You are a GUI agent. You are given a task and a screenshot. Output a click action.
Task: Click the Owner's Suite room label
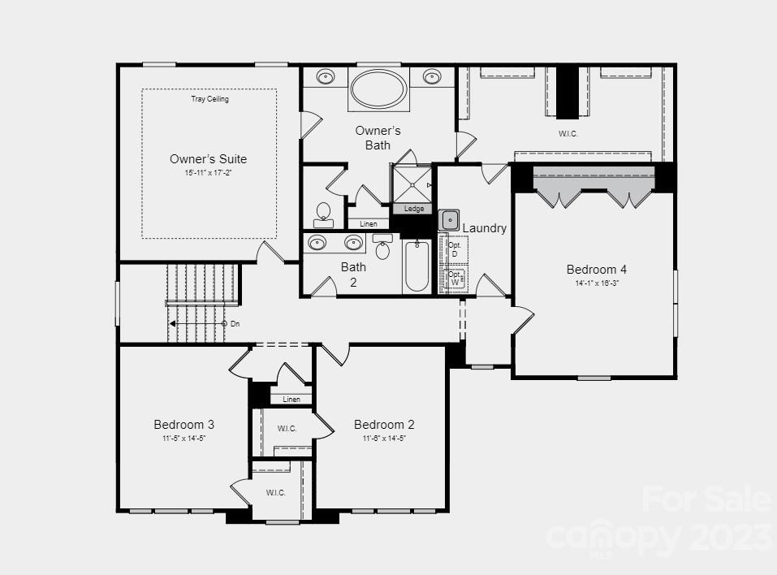[x=208, y=159]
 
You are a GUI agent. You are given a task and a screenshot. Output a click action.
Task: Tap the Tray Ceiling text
[x=209, y=99]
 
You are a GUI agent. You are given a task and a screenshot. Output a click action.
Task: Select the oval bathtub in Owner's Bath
[x=379, y=89]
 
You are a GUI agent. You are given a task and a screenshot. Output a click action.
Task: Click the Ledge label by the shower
[x=413, y=209]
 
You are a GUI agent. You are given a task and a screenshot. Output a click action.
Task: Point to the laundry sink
[x=449, y=219]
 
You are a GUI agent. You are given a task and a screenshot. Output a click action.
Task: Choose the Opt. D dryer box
[x=454, y=249]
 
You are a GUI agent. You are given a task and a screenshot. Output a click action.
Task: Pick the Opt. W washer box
[x=454, y=278]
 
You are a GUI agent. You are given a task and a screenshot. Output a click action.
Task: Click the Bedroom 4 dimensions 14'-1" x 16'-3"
[x=597, y=283]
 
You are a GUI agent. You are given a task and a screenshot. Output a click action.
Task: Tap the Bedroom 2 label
[x=384, y=424]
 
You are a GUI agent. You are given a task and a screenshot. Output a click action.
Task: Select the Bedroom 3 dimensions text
[x=184, y=438]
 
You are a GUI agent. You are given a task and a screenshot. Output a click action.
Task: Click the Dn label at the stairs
[x=235, y=323]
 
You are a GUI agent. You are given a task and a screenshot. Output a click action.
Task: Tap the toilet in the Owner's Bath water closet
[x=323, y=214]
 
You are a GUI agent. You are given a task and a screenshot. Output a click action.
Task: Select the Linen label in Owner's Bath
[x=368, y=223]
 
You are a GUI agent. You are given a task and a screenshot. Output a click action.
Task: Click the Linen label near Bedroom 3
[x=291, y=399]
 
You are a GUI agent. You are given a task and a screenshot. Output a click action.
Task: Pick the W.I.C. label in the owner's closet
[x=568, y=133]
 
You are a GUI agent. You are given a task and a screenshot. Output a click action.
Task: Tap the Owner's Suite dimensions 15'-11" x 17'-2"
[x=208, y=173]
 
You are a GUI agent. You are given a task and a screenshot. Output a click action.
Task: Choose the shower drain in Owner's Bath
[x=412, y=184]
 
